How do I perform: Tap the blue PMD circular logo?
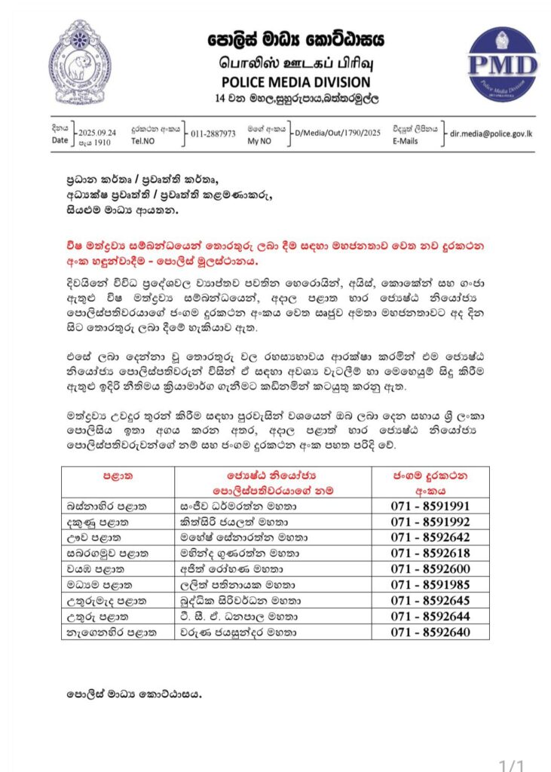coord(502,64)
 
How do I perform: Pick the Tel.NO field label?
coord(144,140)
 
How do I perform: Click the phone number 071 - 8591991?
coord(430,506)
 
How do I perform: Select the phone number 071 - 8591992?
coord(430,521)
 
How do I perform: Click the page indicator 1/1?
coord(513,763)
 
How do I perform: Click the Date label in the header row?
coord(60,140)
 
